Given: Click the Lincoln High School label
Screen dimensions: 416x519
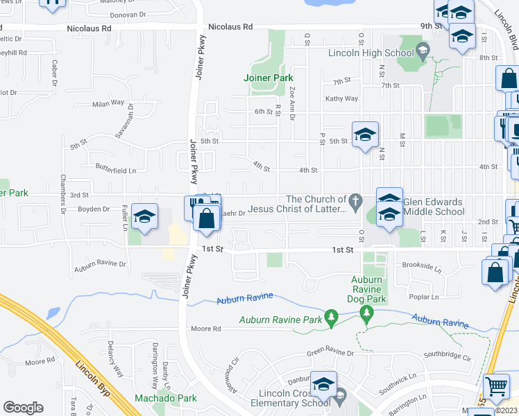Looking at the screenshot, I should pos(371,53).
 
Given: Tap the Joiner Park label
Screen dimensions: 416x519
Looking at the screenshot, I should pos(269,78).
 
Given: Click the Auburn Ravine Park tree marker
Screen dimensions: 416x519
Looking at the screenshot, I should pos(332,318).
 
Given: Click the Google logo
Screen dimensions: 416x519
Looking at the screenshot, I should pos(23,407).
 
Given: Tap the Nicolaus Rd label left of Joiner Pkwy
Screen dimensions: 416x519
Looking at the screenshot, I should pos(89,28).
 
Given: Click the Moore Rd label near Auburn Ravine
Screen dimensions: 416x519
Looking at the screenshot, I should pos(205,329).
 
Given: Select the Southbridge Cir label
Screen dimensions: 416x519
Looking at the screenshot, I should pos(448,358).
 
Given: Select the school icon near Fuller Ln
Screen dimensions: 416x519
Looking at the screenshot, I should pos(144,217).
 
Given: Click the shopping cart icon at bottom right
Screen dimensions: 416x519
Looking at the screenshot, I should pos(495,386).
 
